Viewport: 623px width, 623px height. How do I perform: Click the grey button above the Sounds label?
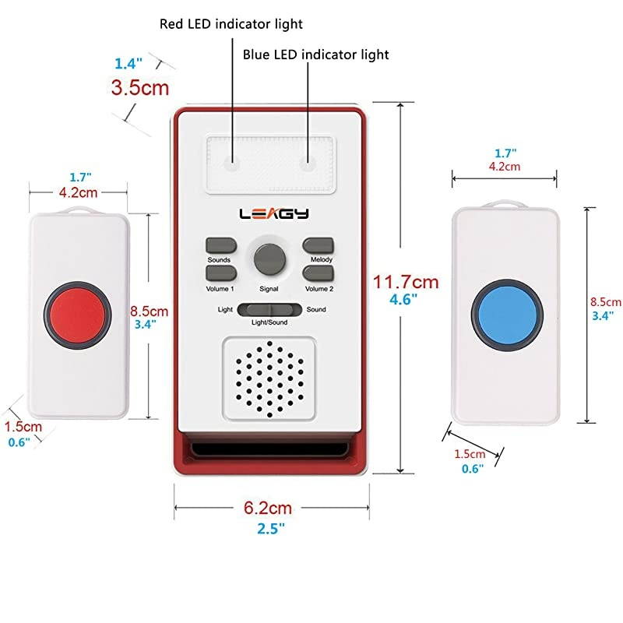point(221,245)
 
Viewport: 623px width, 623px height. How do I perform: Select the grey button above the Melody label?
point(319,245)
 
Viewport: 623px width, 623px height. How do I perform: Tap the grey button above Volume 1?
point(221,273)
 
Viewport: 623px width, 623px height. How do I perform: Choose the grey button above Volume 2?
point(319,273)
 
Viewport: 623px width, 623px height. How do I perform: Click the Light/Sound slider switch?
point(269,309)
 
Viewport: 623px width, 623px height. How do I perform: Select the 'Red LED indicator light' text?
point(231,24)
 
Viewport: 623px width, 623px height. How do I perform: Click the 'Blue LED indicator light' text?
point(315,55)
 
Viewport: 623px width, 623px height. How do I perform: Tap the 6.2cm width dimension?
point(268,509)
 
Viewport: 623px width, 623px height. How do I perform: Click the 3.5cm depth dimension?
point(140,87)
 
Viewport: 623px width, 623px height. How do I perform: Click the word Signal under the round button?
point(269,289)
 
